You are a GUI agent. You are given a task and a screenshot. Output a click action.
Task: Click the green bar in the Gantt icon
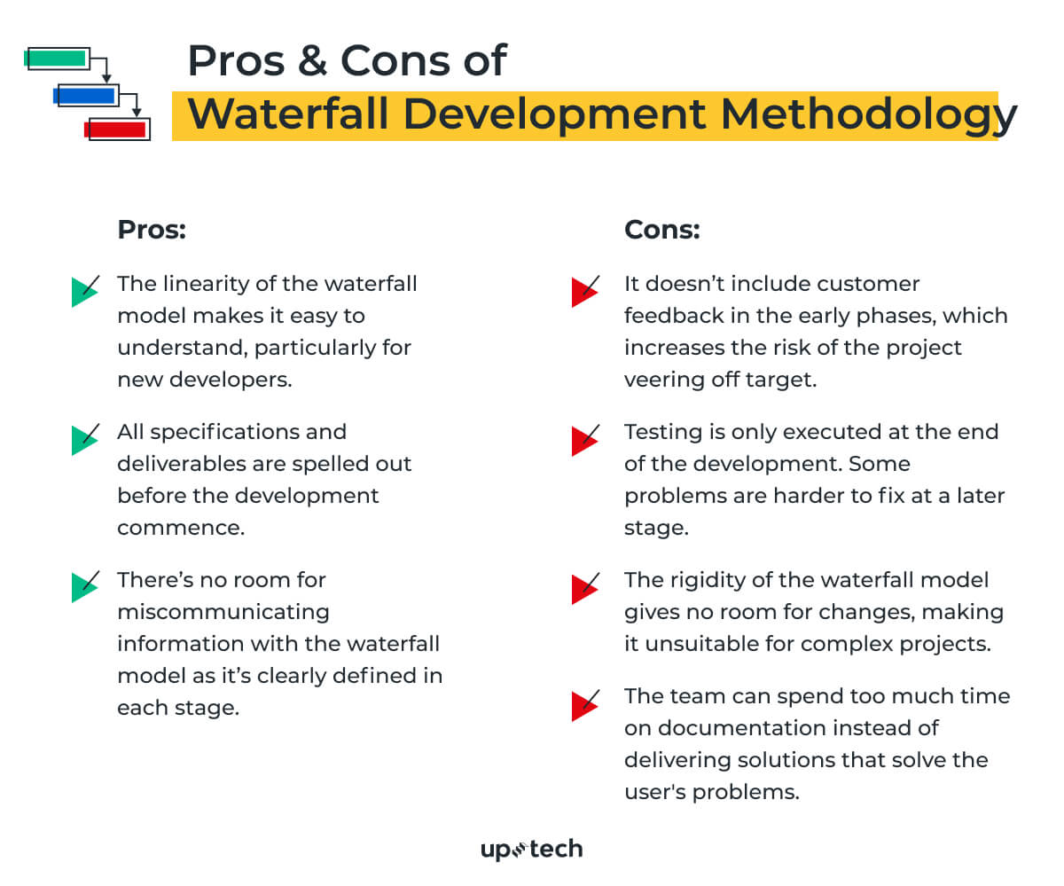pos(56,59)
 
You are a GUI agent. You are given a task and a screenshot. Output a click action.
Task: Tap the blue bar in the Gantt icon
pos(86,94)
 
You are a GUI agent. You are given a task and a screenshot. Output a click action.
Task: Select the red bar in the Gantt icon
pos(115,129)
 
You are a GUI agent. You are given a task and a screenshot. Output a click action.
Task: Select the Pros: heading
pos(152,231)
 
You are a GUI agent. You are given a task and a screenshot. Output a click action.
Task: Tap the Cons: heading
pos(661,231)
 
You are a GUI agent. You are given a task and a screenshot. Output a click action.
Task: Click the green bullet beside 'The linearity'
pos(83,290)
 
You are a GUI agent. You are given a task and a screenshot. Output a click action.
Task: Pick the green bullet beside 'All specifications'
pos(83,438)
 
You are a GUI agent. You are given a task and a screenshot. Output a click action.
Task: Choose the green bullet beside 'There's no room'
pos(83,586)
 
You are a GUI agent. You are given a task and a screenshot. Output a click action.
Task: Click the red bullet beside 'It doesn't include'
pos(583,290)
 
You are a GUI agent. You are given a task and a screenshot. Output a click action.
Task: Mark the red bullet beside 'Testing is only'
pos(583,438)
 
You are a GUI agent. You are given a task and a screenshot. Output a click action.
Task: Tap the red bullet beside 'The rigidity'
pos(583,586)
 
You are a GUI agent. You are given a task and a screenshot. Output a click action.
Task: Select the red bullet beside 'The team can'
pos(583,702)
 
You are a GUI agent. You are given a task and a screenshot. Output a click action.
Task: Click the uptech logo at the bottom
pos(531,850)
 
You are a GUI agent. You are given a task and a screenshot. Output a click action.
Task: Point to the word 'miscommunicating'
pos(223,612)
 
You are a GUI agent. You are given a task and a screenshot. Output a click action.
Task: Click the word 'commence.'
pos(180,528)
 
